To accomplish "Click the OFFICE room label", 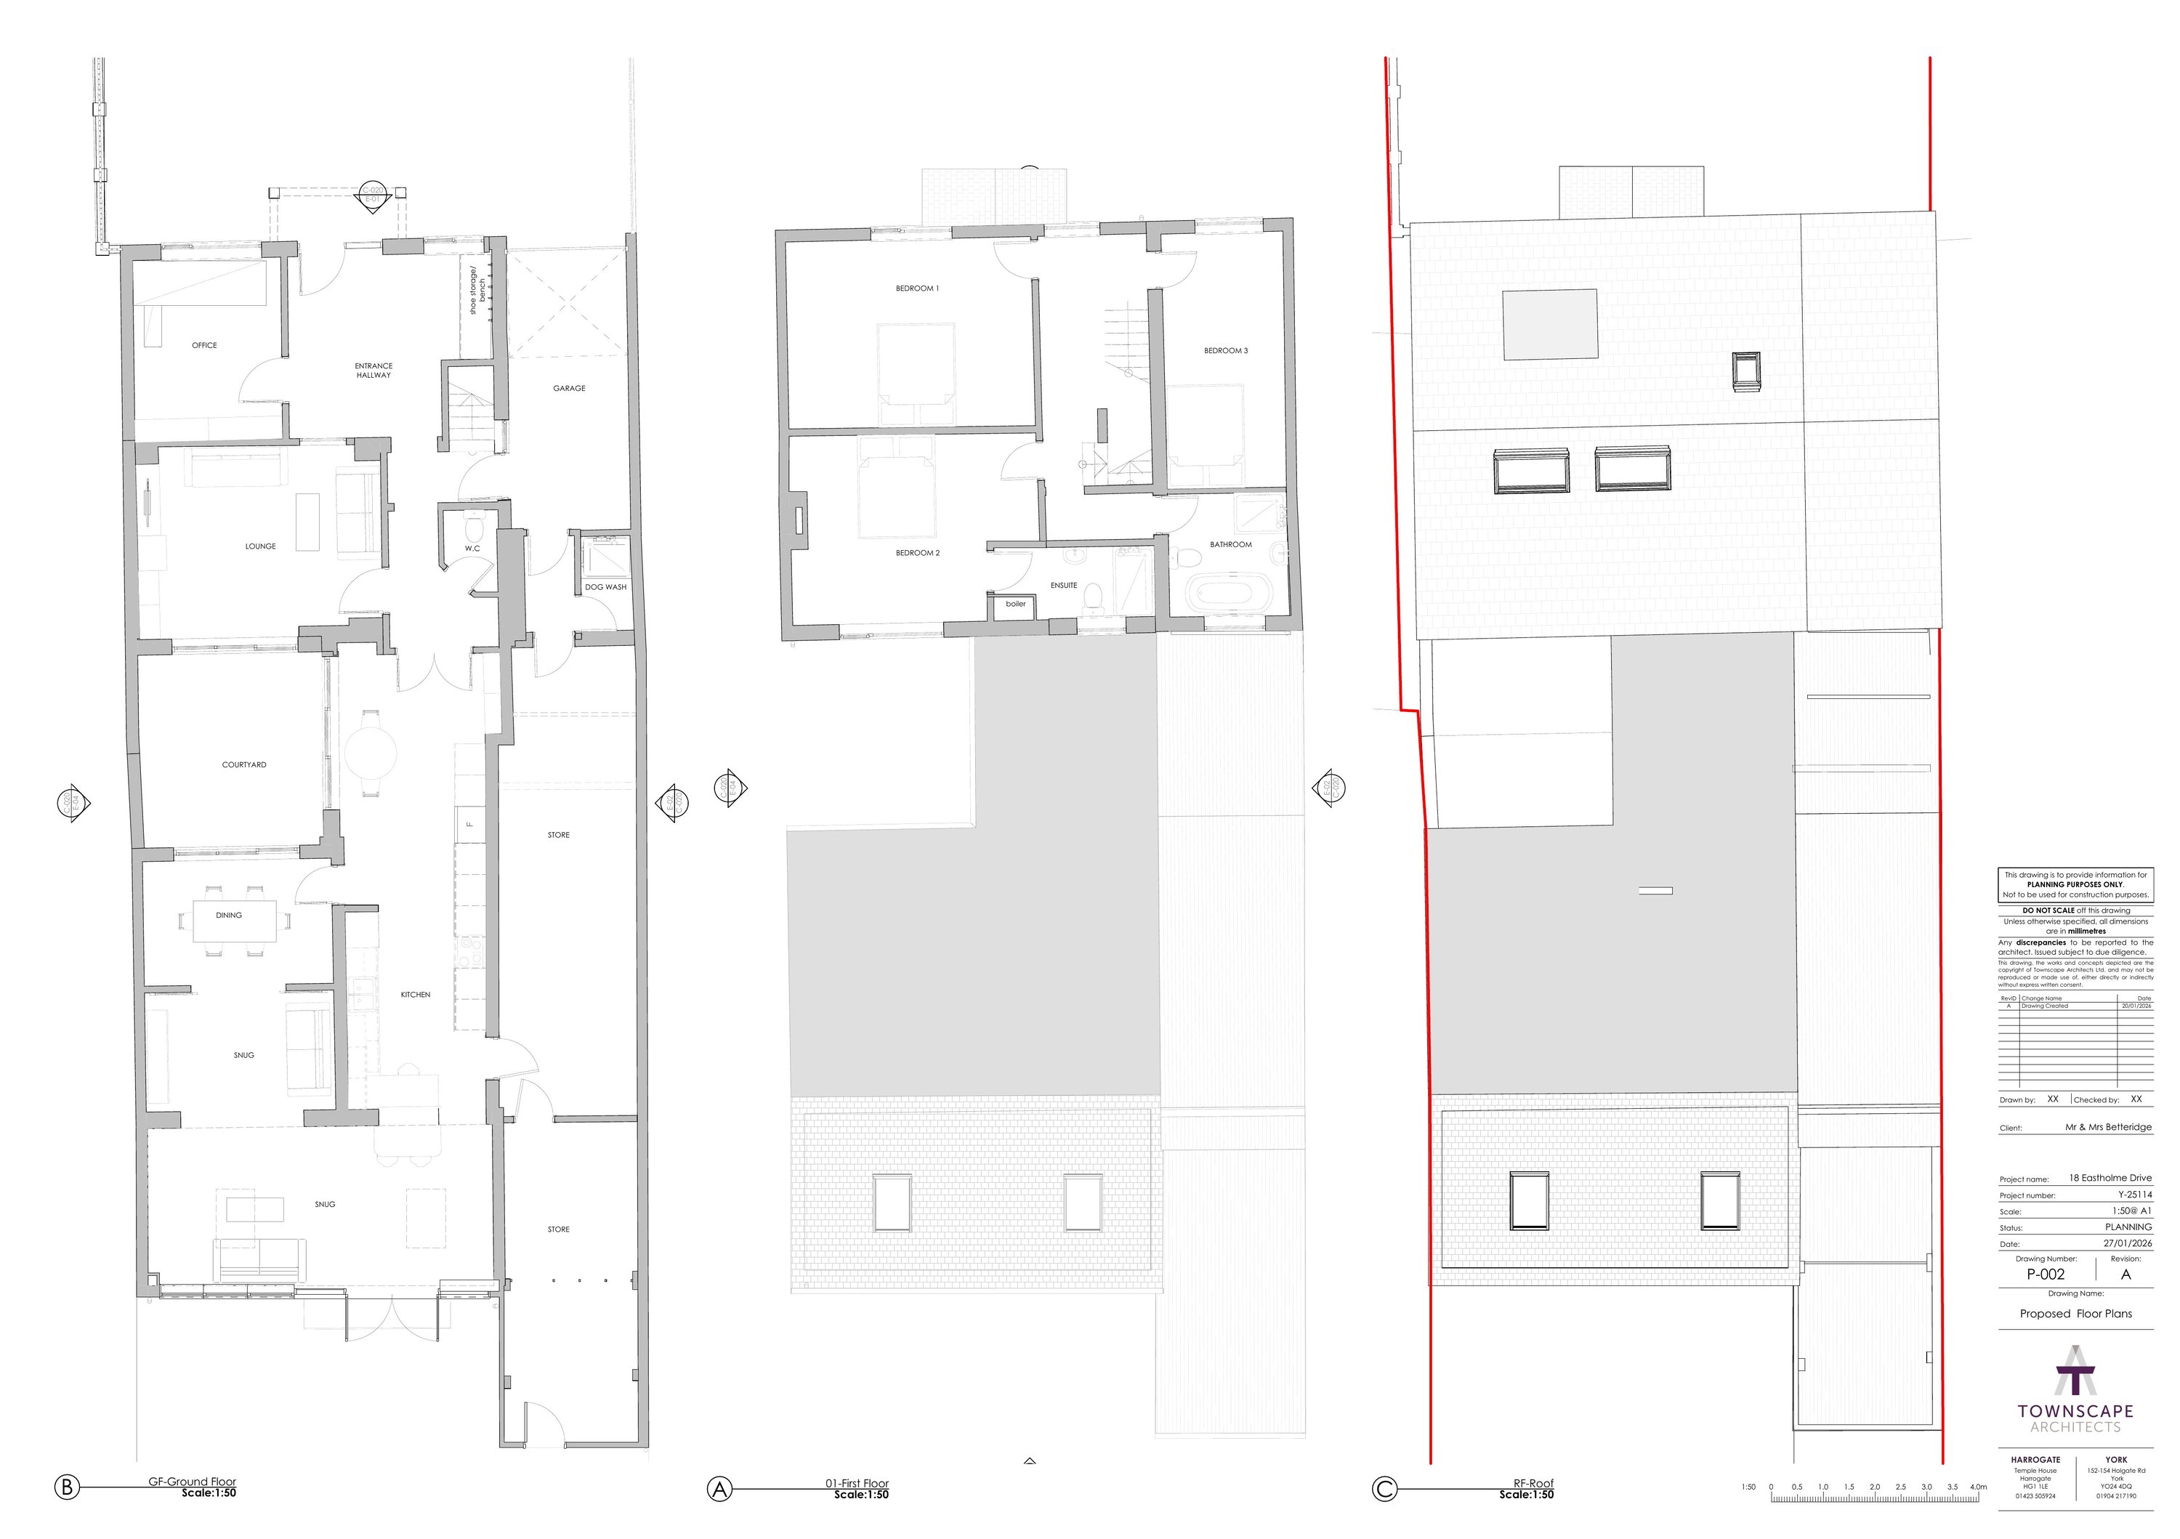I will coord(204,346).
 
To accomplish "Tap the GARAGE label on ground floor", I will coord(569,388).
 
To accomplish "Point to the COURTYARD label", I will coord(244,764).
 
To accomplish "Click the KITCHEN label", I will coord(415,995).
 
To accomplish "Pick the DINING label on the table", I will coord(229,916).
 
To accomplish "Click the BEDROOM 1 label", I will coord(916,288).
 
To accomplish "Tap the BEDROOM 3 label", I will coord(1225,351).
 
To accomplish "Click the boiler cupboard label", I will coord(1015,604).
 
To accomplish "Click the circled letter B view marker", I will coord(66,1487).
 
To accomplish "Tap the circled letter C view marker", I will coord(1384,1489).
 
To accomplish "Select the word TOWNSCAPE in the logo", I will coord(2075,1412).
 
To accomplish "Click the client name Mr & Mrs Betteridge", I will coord(2108,1128).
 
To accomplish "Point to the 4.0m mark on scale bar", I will coord(1978,1487).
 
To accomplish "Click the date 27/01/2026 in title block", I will coord(2128,1244).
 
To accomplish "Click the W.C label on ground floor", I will coord(472,549).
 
